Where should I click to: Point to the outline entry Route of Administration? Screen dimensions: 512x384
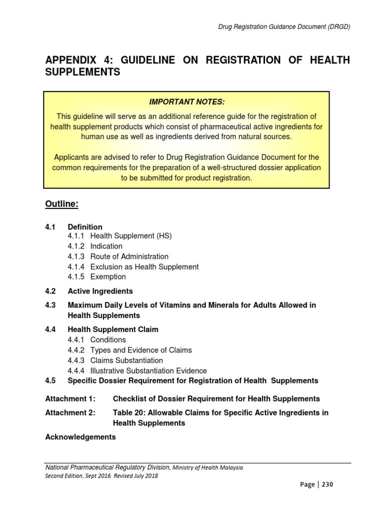129,256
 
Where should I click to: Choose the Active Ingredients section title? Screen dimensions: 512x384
100,291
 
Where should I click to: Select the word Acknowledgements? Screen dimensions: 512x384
80,437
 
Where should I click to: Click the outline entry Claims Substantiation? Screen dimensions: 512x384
126,360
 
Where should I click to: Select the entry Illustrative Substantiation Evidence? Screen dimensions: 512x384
148,370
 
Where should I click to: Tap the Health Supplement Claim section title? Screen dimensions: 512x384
113,329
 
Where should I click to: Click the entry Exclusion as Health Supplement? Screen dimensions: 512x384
144,266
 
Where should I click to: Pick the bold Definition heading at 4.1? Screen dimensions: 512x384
85,227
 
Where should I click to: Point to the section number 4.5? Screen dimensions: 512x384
50,380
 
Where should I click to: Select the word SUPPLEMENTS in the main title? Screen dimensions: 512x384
83,72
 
